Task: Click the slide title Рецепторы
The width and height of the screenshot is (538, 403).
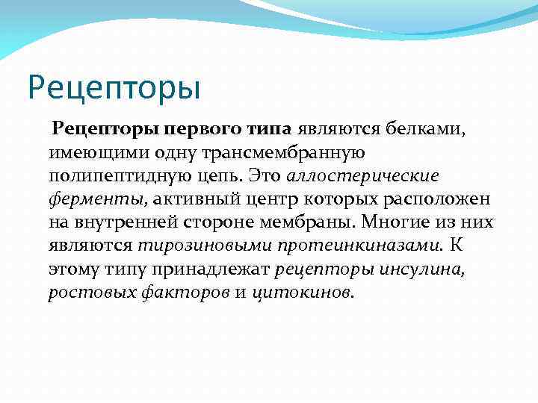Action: [x=114, y=87]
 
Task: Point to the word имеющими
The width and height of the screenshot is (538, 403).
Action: [x=93, y=153]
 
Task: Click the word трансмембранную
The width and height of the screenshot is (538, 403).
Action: [x=276, y=153]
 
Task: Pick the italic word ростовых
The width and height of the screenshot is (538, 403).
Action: [x=90, y=292]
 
